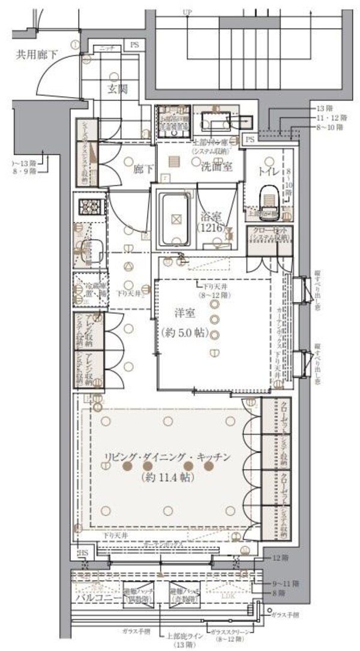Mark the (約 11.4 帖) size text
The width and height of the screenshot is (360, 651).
pos(166,478)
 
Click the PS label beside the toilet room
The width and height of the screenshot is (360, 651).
pos(249,139)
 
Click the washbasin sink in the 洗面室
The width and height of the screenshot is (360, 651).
pos(216,121)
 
